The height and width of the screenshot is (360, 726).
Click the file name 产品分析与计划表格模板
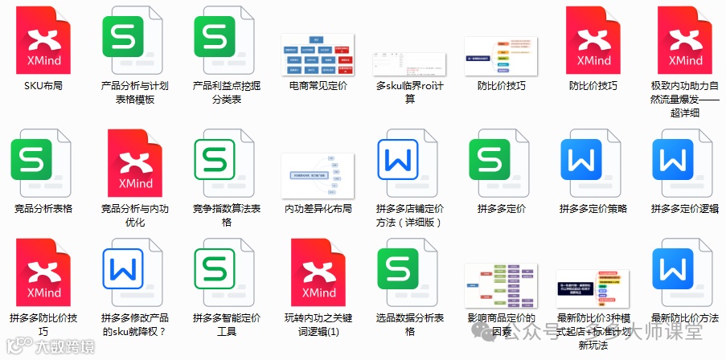pyautogui.click(x=135, y=92)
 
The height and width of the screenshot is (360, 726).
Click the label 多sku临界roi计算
pyautogui.click(x=409, y=92)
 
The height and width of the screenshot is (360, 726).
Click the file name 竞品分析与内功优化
pyautogui.click(x=135, y=215)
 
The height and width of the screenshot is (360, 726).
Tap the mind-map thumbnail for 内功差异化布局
pyautogui.click(x=318, y=175)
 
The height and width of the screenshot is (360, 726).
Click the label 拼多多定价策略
pyautogui.click(x=593, y=209)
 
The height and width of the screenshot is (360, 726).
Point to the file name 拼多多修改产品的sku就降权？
pyautogui.click(x=135, y=324)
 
